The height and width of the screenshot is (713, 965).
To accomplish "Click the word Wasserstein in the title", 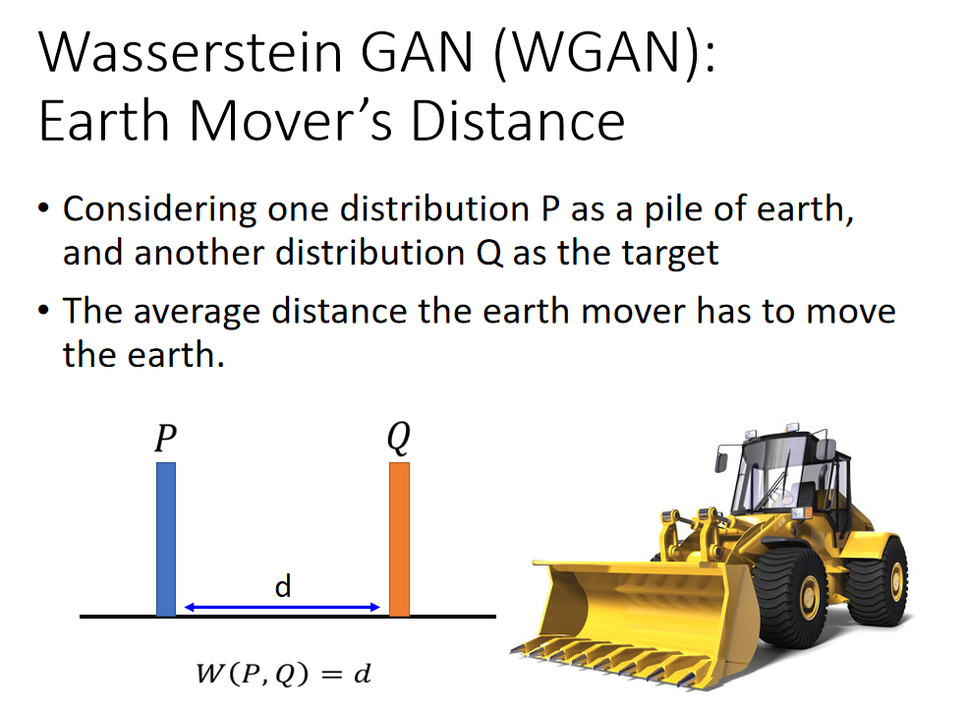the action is click(191, 52).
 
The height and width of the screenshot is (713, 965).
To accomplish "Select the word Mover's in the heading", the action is click(291, 121).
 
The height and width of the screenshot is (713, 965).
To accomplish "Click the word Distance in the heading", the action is click(518, 121).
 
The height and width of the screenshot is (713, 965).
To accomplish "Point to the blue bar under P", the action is click(165, 539).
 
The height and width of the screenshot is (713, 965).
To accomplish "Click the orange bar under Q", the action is click(399, 539).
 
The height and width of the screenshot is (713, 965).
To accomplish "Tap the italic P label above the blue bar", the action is click(165, 438).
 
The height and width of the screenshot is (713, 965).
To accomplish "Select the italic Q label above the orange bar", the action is click(399, 438).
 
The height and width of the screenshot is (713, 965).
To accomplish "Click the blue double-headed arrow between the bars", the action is click(282, 607).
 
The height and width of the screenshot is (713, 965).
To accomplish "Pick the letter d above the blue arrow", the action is click(282, 585).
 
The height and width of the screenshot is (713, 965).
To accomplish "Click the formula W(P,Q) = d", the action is click(283, 674).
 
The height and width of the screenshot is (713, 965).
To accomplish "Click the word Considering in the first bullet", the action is click(160, 209).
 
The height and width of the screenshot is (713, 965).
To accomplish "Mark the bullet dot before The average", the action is click(42, 310).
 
